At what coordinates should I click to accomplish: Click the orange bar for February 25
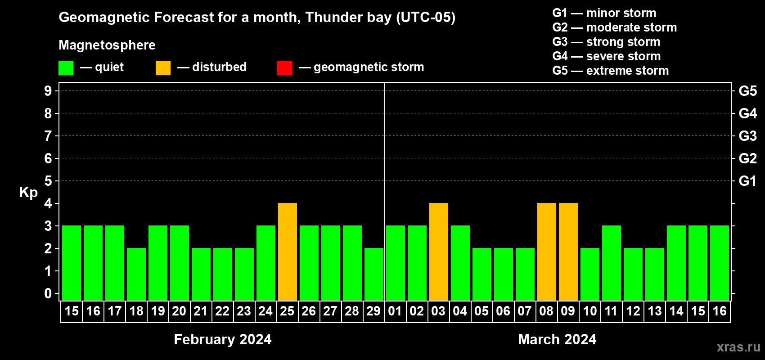pyautogui.click(x=288, y=252)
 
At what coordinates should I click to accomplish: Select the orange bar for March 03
pyautogui.click(x=439, y=252)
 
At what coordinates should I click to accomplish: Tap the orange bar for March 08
pyautogui.click(x=547, y=252)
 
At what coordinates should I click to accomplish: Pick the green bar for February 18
pyautogui.click(x=136, y=274)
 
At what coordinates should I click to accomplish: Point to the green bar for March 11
pyautogui.click(x=612, y=263)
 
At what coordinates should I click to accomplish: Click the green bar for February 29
pyautogui.click(x=374, y=274)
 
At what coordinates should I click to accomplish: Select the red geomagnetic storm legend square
pyautogui.click(x=285, y=67)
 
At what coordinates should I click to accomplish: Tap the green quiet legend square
pyautogui.click(x=66, y=67)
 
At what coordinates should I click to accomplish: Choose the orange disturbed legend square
pyautogui.click(x=163, y=67)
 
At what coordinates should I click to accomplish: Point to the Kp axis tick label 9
pyautogui.click(x=48, y=91)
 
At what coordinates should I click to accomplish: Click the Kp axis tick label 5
pyautogui.click(x=48, y=181)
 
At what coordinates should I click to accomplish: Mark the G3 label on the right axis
pyautogui.click(x=748, y=136)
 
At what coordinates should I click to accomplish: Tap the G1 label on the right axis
pyautogui.click(x=748, y=181)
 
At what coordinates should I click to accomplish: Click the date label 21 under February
pyautogui.click(x=200, y=311)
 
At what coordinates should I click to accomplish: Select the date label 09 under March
pyautogui.click(x=568, y=311)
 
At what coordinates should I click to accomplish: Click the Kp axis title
pyautogui.click(x=28, y=193)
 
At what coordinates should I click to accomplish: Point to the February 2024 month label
pyautogui.click(x=223, y=339)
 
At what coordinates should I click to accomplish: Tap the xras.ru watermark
pyautogui.click(x=738, y=347)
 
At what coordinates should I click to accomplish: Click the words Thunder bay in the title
pyautogui.click(x=348, y=17)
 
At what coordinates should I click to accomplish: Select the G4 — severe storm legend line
pyautogui.click(x=607, y=56)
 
